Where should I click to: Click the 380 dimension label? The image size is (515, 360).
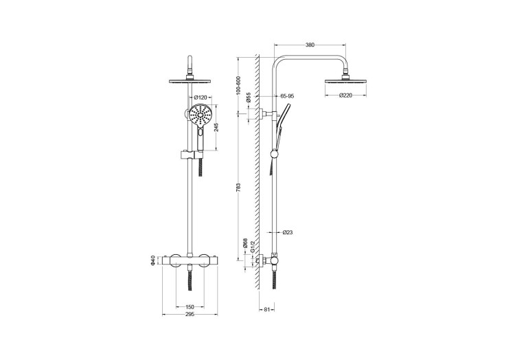pyautogui.click(x=310, y=45)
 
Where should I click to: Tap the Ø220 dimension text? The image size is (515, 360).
pyautogui.click(x=345, y=95)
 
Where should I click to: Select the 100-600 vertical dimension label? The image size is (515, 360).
pyautogui.click(x=239, y=86)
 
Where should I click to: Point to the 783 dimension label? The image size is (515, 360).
pyautogui.click(x=239, y=187)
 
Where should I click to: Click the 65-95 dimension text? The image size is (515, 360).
pyautogui.click(x=288, y=96)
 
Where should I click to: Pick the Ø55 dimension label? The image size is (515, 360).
pyautogui.click(x=249, y=98)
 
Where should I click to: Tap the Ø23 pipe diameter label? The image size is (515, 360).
pyautogui.click(x=288, y=232)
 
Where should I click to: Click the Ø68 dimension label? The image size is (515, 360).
pyautogui.click(x=244, y=243)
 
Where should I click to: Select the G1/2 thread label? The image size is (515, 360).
pyautogui.click(x=253, y=246)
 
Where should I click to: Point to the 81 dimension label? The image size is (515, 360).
pyautogui.click(x=267, y=309)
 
